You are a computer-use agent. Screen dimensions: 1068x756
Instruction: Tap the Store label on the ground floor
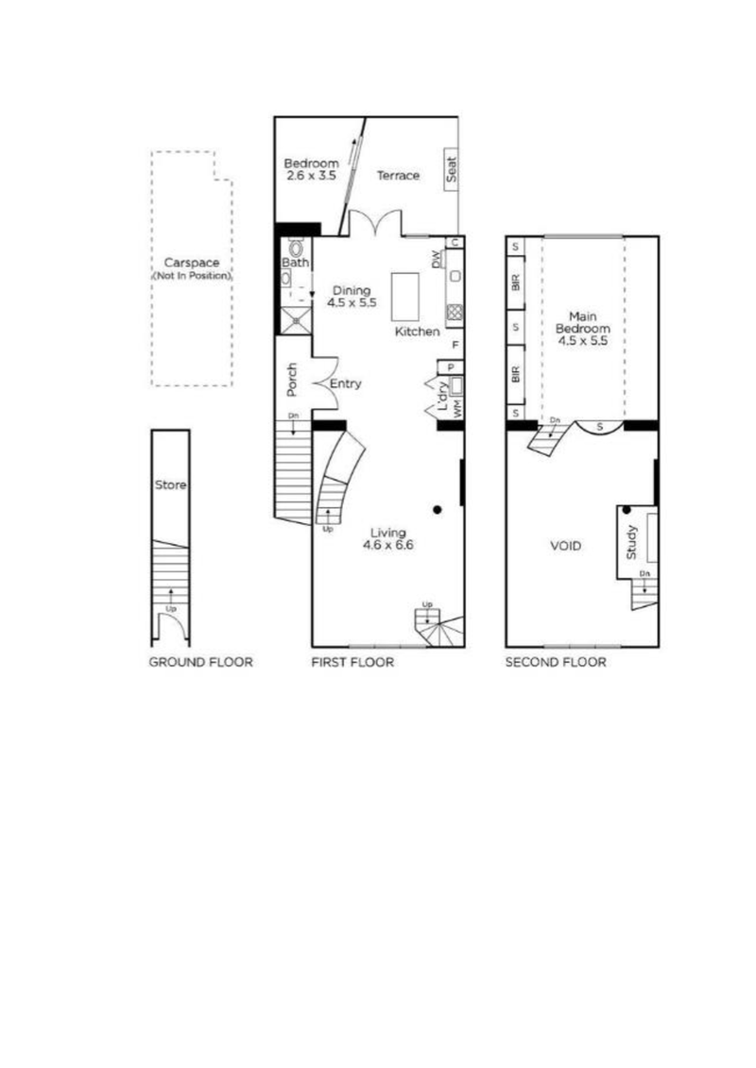[171, 485]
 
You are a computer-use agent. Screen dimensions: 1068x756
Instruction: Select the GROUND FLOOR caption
[200, 663]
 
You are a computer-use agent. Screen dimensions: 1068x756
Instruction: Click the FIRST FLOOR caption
[352, 663]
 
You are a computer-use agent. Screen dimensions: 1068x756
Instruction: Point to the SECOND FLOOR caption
[556, 663]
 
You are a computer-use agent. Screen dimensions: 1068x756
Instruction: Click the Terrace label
[398, 176]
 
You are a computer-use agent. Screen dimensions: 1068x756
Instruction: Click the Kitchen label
[417, 332]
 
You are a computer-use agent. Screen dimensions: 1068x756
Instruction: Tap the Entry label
[345, 384]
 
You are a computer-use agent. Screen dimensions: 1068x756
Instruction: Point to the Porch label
[292, 380]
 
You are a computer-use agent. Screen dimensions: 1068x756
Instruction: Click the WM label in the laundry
[458, 410]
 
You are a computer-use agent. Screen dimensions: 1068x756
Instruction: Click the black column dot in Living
[437, 510]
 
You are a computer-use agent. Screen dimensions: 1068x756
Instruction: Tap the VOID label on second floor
[565, 546]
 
